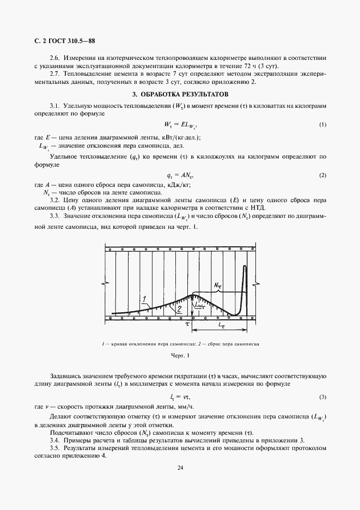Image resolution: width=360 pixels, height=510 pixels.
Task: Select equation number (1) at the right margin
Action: [322, 125]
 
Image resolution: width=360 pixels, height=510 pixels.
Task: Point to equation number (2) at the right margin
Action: [322, 175]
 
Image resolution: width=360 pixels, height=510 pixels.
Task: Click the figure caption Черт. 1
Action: [180, 356]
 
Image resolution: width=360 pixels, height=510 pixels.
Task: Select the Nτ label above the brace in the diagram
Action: [217, 284]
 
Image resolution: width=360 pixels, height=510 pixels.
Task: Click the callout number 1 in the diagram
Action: [143, 299]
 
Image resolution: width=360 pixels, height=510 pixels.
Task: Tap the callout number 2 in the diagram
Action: [163, 309]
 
